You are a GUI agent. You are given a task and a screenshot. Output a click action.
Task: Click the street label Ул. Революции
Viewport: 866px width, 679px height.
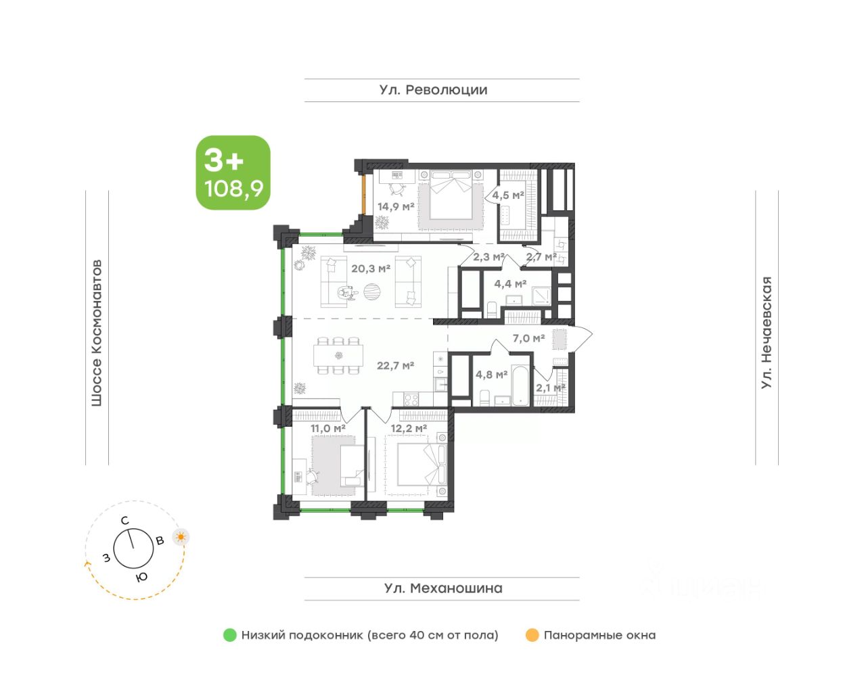click(x=433, y=90)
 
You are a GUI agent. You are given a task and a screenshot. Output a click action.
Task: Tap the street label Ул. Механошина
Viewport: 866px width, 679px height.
click(x=443, y=588)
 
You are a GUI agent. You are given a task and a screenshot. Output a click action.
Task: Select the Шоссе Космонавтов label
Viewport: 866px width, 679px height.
click(x=97, y=333)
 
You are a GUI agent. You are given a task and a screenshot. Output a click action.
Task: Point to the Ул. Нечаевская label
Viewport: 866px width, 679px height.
click(x=766, y=333)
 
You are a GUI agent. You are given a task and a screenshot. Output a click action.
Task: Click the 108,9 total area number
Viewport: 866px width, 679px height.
click(x=234, y=189)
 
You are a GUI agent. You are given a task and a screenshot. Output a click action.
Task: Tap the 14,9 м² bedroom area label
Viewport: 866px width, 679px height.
click(x=396, y=206)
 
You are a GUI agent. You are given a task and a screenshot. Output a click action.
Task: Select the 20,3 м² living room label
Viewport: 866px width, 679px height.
click(x=370, y=268)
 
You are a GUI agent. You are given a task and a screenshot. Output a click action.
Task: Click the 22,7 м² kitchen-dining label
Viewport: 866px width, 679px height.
click(x=395, y=365)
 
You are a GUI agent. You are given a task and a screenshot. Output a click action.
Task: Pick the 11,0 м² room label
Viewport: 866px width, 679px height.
click(x=327, y=429)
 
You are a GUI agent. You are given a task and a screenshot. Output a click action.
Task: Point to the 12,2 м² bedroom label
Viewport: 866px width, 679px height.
click(x=409, y=429)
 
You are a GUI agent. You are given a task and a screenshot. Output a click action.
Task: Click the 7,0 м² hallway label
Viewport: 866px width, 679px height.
click(x=528, y=338)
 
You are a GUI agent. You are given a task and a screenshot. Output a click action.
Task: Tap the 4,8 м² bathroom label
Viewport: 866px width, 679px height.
click(x=491, y=375)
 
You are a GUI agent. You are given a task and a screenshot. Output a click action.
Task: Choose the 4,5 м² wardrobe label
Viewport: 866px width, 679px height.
click(x=507, y=195)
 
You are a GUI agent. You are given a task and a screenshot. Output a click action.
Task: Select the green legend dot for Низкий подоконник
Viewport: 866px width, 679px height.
click(x=230, y=635)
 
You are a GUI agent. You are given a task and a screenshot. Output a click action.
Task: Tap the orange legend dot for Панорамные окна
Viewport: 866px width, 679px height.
click(x=532, y=635)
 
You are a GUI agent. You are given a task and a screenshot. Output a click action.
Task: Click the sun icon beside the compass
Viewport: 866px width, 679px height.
click(x=181, y=537)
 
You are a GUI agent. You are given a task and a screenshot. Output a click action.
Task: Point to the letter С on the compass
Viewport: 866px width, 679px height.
click(x=124, y=521)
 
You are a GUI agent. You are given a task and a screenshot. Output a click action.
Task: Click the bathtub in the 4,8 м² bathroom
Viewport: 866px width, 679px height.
click(x=520, y=385)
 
